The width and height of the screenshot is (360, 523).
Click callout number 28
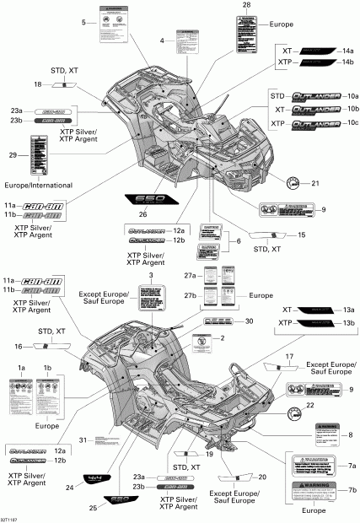tap(246, 6)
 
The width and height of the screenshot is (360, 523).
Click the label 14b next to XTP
tap(347, 63)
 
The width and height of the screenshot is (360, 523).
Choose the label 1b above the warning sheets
tap(48, 369)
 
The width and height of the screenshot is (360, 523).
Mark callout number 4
tap(161, 40)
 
